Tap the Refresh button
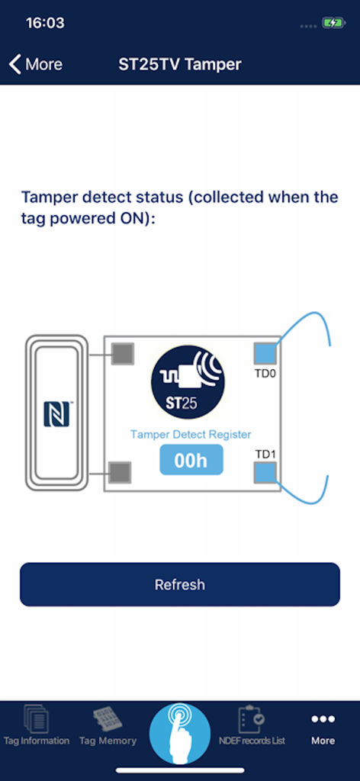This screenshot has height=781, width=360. click(x=180, y=585)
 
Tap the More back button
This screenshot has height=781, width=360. click(x=36, y=64)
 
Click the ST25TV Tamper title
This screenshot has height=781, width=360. click(x=180, y=64)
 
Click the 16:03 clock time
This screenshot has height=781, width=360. click(x=45, y=23)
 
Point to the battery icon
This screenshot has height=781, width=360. click(x=333, y=23)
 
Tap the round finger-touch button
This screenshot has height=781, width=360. click(x=180, y=733)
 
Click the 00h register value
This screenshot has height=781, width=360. click(x=191, y=461)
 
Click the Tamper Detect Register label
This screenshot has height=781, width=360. click(x=191, y=434)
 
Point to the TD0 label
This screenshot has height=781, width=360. click(x=264, y=374)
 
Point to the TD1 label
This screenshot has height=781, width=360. click(x=265, y=455)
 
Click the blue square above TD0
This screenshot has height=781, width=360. click(x=265, y=354)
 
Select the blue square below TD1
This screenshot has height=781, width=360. click(x=265, y=473)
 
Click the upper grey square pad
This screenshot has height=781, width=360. click(x=122, y=354)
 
